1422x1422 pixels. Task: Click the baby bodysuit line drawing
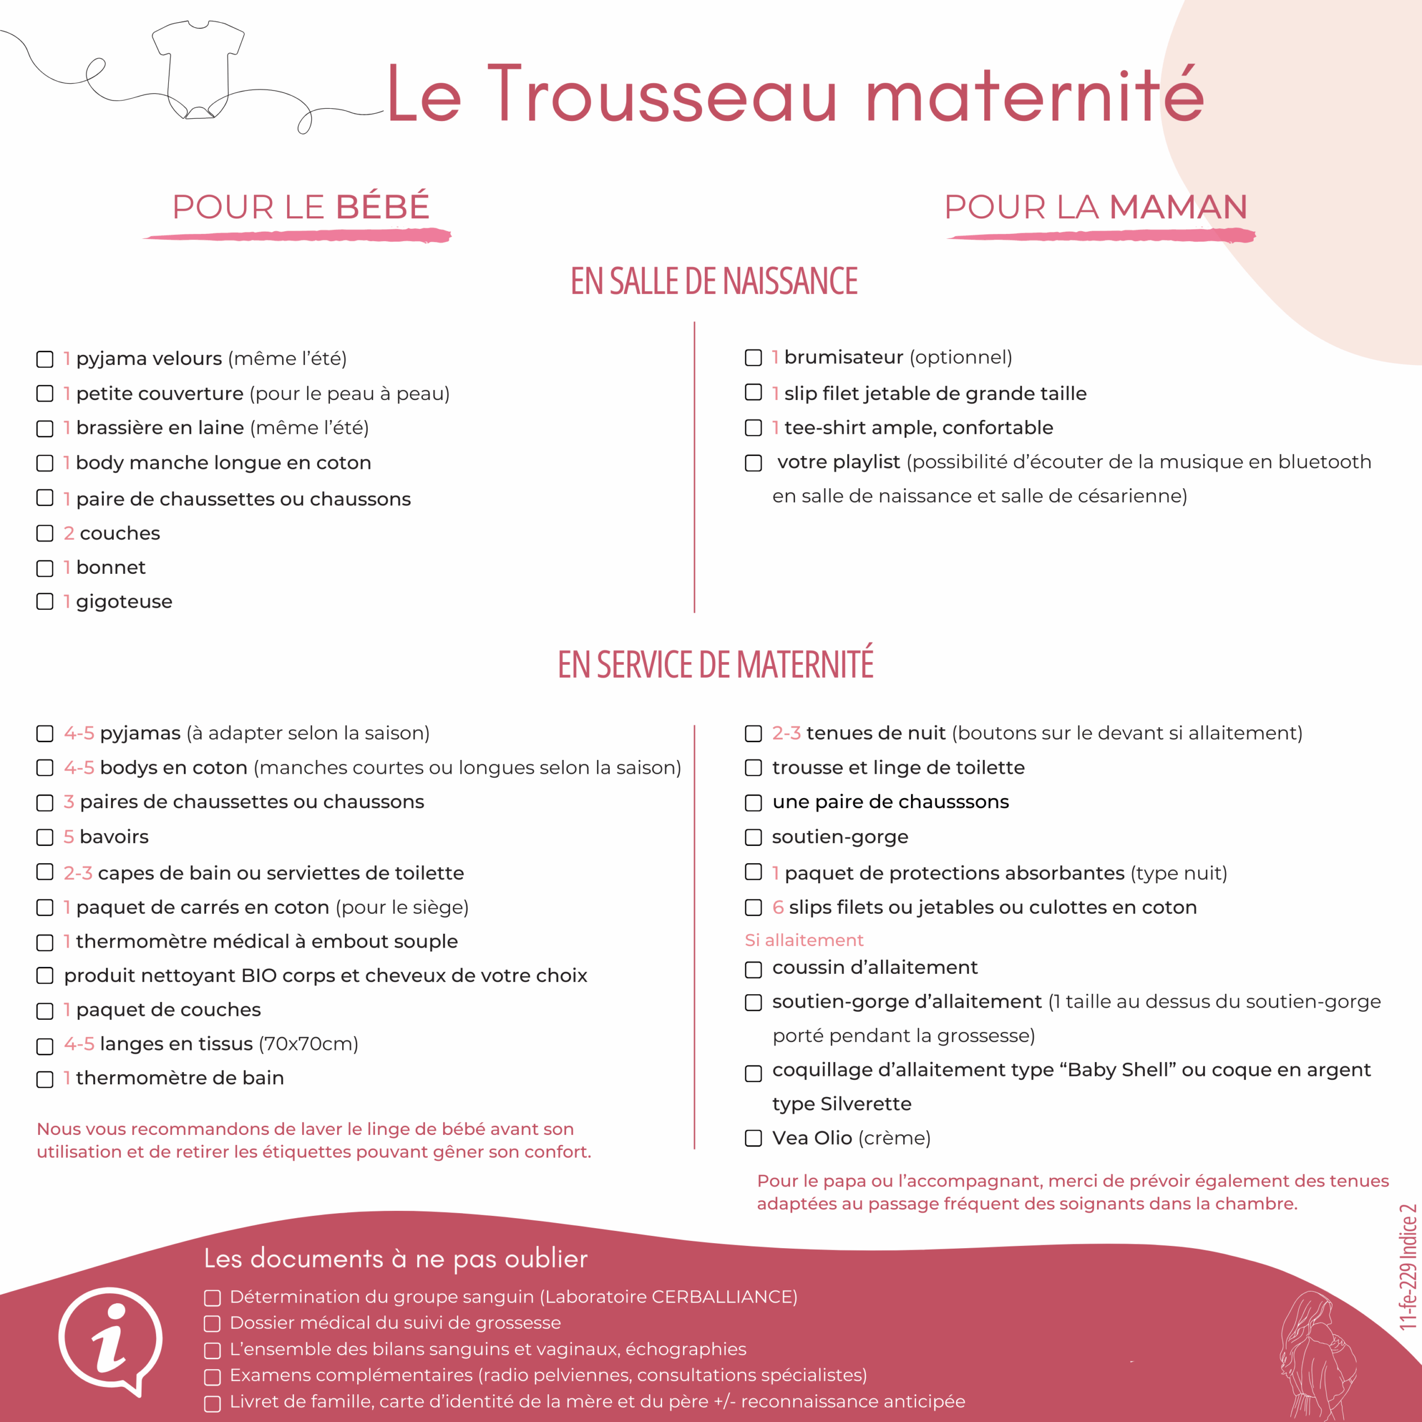[x=198, y=70]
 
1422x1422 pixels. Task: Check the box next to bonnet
[x=45, y=568]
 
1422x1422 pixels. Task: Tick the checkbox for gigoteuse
[x=45, y=602]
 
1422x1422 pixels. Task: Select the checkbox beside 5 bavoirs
[x=45, y=838]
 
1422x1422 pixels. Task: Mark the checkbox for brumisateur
[x=753, y=358]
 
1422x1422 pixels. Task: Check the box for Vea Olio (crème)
[x=753, y=1138]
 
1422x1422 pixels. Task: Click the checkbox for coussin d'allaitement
[x=753, y=969]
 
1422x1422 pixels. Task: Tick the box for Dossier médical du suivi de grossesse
[x=212, y=1323]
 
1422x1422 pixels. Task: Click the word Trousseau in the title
[x=663, y=96]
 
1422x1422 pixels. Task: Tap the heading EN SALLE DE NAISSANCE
[x=714, y=281]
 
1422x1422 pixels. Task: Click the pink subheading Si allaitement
[x=804, y=940]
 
